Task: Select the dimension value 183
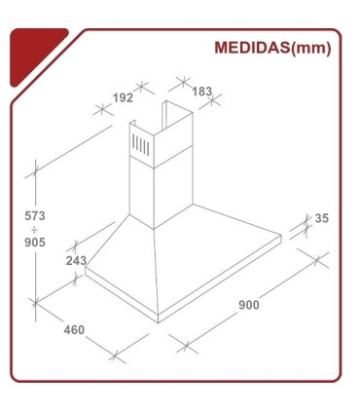[202, 92]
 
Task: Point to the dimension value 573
[36, 214]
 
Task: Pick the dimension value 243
[76, 261]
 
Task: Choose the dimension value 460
[74, 329]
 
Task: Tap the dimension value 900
[249, 306]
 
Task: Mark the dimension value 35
[321, 218]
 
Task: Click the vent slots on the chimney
[141, 148]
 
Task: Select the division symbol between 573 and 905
[35, 229]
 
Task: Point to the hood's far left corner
[86, 272]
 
